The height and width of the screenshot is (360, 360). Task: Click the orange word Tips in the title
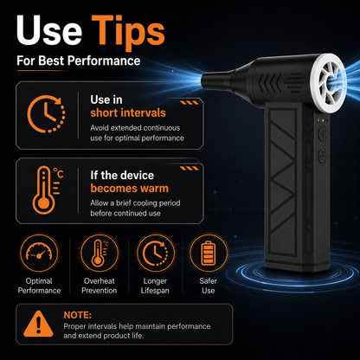[128, 31]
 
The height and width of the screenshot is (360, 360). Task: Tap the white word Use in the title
[49, 29]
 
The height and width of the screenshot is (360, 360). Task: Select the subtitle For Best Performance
[79, 61]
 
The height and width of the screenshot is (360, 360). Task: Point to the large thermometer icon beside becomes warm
[43, 190]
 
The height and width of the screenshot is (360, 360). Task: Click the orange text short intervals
[128, 112]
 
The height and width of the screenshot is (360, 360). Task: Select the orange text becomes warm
[130, 189]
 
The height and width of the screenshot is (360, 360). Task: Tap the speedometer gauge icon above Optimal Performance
[39, 253]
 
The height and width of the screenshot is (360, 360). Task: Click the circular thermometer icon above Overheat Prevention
[100, 253]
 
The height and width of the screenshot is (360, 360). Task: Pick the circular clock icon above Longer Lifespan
[156, 253]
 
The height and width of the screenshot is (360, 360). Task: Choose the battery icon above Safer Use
[209, 253]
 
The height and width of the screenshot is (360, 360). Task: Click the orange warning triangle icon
[38, 324]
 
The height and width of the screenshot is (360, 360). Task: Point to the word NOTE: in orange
[77, 315]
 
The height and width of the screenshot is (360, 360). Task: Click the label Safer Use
[209, 286]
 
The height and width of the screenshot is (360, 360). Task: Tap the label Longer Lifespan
[155, 286]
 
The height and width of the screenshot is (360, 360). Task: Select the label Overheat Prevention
[100, 286]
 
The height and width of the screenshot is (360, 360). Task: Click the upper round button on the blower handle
[322, 134]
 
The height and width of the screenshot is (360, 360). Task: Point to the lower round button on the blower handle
[322, 155]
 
